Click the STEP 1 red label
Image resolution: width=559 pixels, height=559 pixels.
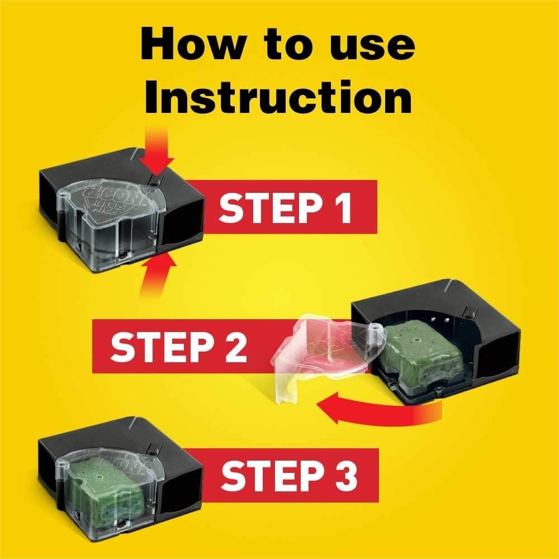(x=285, y=207)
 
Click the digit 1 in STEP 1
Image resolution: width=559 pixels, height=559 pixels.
(x=343, y=207)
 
